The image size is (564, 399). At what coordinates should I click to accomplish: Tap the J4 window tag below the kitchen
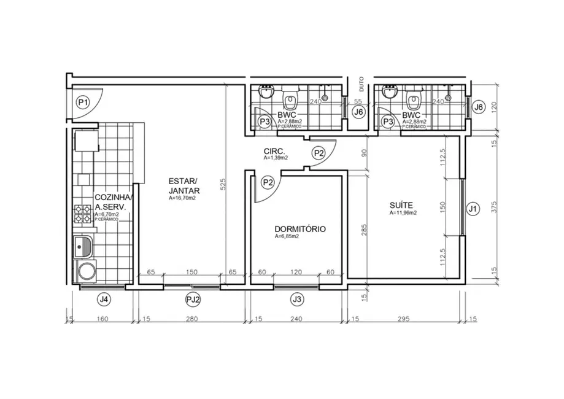tap(104, 300)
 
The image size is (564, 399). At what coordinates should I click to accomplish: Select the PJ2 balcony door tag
tap(194, 300)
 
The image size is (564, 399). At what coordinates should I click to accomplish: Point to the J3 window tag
tap(297, 300)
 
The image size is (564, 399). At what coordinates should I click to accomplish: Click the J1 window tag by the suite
tap(473, 209)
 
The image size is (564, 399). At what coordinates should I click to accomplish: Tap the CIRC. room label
tap(273, 151)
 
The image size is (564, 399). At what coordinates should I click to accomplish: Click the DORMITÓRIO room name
tap(299, 229)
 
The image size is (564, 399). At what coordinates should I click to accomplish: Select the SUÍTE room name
tap(401, 205)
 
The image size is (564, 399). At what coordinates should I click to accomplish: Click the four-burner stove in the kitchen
tap(82, 214)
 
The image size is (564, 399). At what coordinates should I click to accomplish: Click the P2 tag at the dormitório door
tap(268, 182)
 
